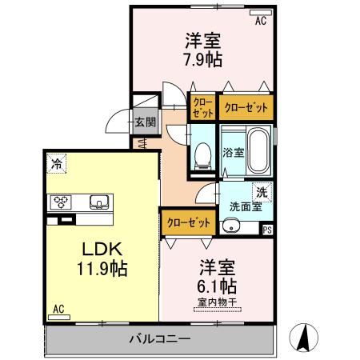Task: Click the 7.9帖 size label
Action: [x=202, y=59]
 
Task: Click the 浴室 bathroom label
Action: [x=233, y=152]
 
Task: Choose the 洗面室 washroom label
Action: [x=245, y=206]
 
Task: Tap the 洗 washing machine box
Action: [x=262, y=191]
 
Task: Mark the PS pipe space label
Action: [x=266, y=230]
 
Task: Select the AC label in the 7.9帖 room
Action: [x=261, y=22]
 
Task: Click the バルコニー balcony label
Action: [x=160, y=339]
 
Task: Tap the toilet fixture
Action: [x=202, y=154]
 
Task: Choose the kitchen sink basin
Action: [x=99, y=201]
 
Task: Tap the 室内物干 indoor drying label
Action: [x=217, y=301]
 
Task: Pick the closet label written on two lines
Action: [x=202, y=107]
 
